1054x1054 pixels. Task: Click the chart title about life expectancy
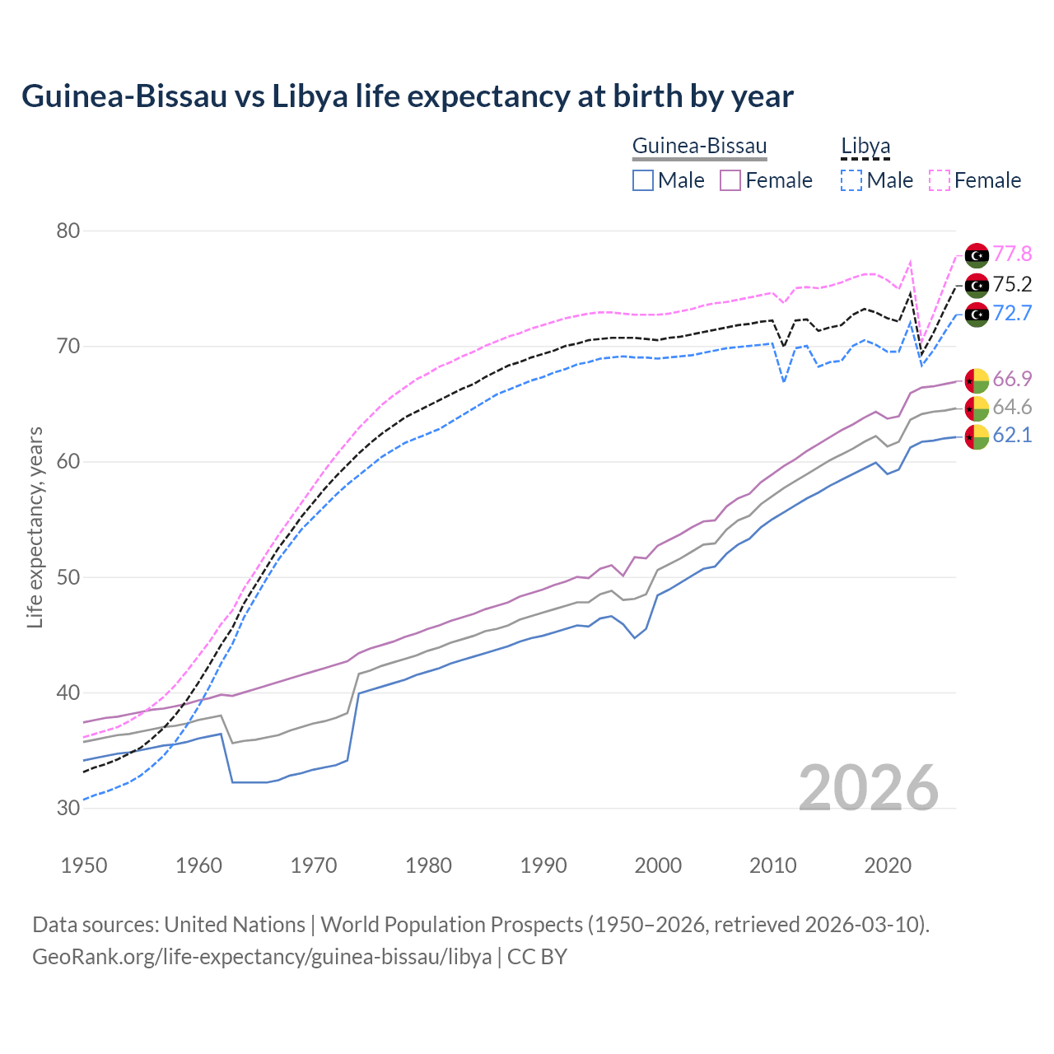[x=407, y=96]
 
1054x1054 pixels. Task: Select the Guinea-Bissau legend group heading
[x=699, y=147]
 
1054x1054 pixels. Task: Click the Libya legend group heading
[x=865, y=147]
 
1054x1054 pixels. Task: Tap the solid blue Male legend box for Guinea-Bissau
[x=643, y=180]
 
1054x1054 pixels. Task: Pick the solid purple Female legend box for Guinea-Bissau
[x=730, y=180]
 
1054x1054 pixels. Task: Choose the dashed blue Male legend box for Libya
[x=851, y=180]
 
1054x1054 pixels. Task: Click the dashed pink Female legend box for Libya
[x=940, y=180]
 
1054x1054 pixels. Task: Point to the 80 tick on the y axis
[x=68, y=231]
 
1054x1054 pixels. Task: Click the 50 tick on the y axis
[x=68, y=577]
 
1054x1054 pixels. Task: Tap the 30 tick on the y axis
[x=68, y=808]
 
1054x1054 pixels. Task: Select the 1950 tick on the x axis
[x=84, y=865]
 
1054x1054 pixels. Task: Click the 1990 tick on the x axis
[x=543, y=865]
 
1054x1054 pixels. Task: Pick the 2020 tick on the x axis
[x=888, y=865]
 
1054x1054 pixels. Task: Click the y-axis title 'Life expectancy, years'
[x=35, y=527]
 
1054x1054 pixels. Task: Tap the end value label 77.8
[x=1012, y=254]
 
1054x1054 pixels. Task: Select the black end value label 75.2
[x=1012, y=285]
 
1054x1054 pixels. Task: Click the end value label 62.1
[x=1012, y=436]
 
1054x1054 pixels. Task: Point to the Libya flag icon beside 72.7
[x=977, y=315]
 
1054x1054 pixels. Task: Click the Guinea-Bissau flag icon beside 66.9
[x=977, y=380]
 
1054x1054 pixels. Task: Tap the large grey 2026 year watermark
[x=868, y=788]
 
